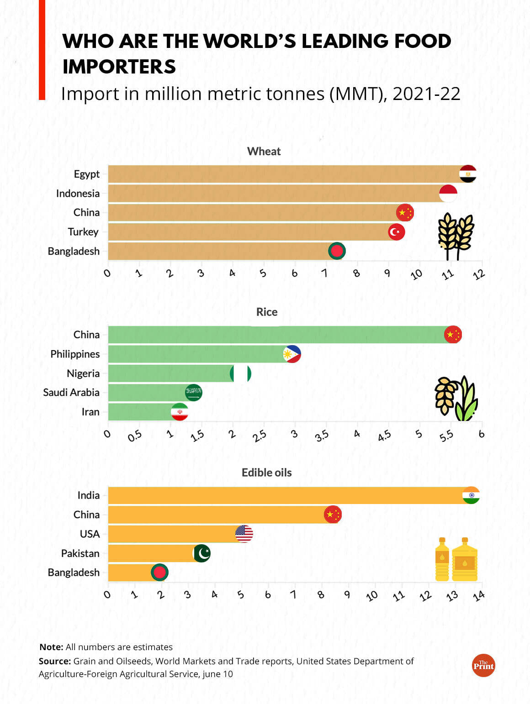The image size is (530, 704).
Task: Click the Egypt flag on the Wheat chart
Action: (468, 174)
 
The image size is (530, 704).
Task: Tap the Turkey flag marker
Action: (397, 232)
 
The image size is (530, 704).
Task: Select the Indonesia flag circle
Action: (448, 194)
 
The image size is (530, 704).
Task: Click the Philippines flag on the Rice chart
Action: (292, 354)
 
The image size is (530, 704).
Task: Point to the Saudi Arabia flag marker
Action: (193, 392)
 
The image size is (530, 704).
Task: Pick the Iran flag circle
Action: (180, 412)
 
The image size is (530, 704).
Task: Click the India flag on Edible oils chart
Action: (471, 495)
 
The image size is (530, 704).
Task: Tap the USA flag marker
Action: (244, 533)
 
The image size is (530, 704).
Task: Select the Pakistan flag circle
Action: (202, 553)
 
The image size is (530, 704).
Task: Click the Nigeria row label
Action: (83, 373)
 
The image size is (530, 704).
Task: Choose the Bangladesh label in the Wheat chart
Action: (74, 251)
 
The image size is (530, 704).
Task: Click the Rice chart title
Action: (267, 312)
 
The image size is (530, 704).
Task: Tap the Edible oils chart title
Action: (266, 473)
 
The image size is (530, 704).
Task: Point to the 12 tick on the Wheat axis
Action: (478, 274)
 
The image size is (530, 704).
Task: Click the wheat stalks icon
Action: (456, 236)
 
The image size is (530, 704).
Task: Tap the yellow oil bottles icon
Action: (456, 560)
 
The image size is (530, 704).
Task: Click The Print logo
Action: (483, 666)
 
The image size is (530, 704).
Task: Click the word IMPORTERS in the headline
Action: (119, 67)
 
